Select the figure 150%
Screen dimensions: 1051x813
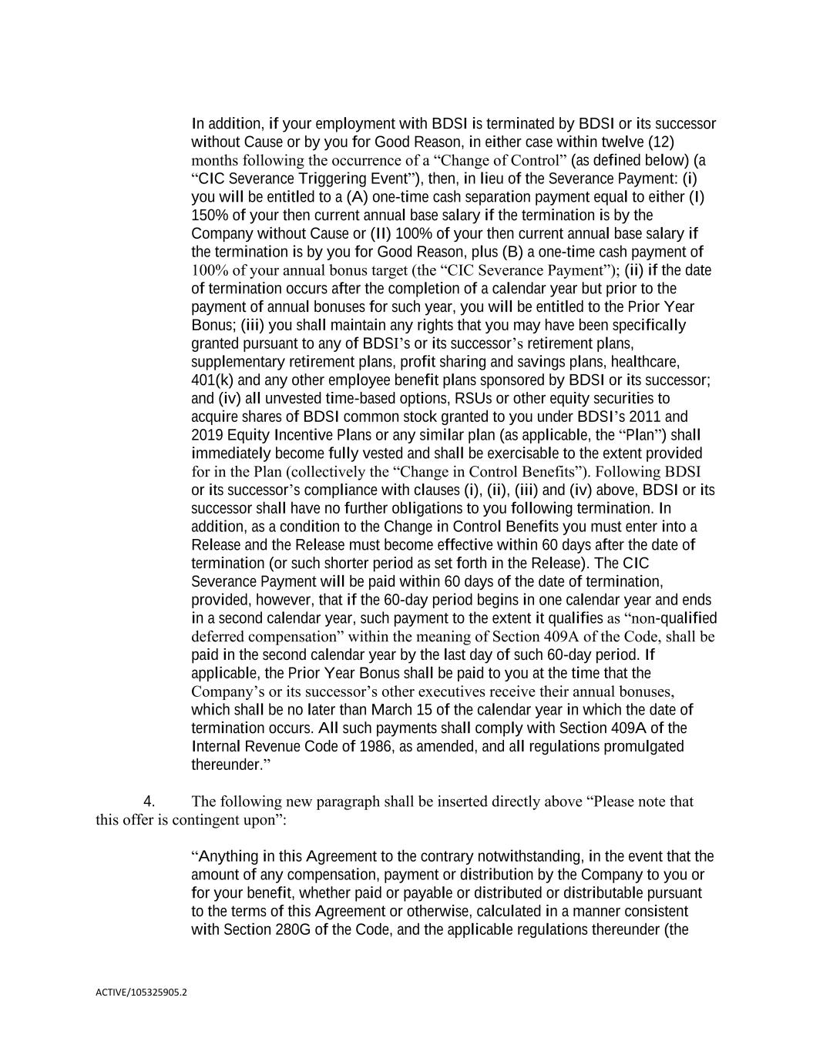point(207,216)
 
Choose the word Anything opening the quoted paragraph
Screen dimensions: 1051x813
point(226,856)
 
